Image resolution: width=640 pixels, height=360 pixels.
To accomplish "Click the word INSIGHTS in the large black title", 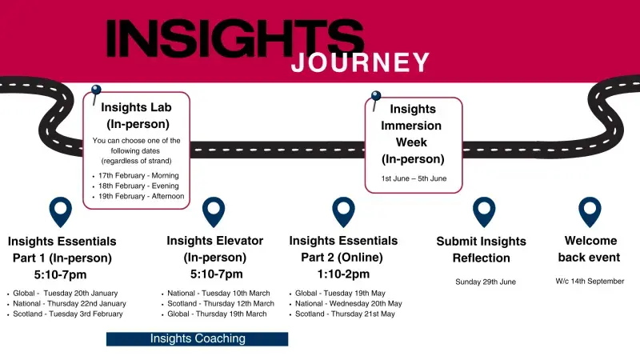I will tap(234, 38).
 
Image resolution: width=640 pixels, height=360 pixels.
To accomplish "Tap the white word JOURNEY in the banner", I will tap(360, 62).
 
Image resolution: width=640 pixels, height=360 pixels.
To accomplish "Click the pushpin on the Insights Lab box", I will tap(97, 92).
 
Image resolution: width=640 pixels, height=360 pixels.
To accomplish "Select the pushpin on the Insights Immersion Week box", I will tap(375, 98).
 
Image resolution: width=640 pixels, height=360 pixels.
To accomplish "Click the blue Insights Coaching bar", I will tap(197, 338).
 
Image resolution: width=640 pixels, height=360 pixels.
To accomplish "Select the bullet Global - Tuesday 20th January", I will tap(70, 293).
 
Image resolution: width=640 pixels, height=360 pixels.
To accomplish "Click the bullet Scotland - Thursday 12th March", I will tap(222, 303).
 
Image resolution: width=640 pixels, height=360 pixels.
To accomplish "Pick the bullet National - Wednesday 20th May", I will tap(349, 303).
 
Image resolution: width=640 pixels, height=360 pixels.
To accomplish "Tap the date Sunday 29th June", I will tap(485, 282).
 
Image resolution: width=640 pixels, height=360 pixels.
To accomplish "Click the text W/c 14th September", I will tap(590, 281).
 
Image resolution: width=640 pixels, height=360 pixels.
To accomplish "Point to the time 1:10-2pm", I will tap(342, 274).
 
